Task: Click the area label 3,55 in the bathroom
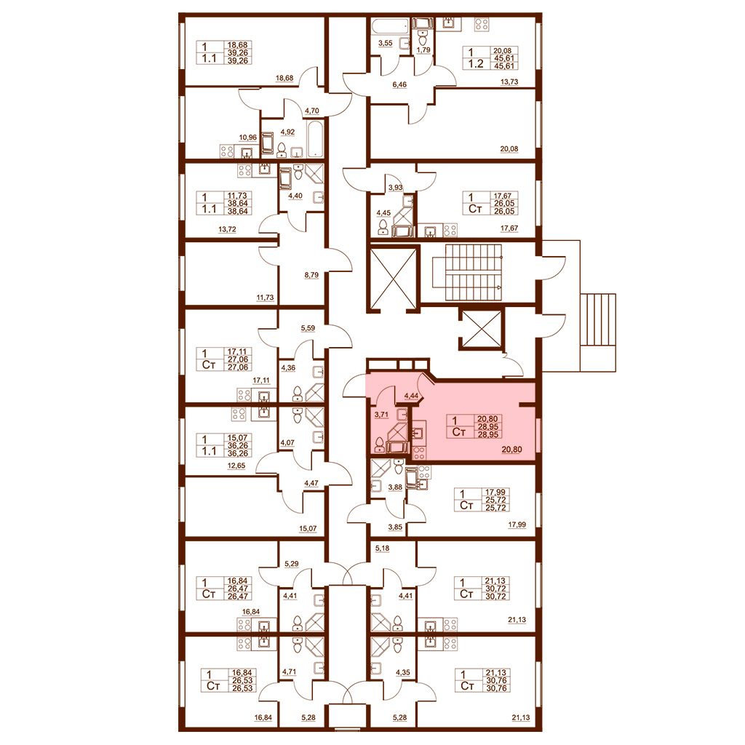385,43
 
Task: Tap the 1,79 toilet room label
423,49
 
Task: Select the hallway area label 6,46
399,84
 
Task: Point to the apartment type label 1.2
476,64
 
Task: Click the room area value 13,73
509,81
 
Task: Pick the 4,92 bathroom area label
287,132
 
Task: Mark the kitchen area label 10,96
247,138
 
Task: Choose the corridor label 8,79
311,274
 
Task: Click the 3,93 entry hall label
395,188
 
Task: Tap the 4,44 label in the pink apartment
411,396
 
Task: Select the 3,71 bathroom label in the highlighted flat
381,414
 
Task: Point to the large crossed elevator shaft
392,277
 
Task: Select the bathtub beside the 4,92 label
316,139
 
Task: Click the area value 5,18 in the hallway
382,549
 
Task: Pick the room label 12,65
236,466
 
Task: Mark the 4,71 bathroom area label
289,672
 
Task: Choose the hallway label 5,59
308,328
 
